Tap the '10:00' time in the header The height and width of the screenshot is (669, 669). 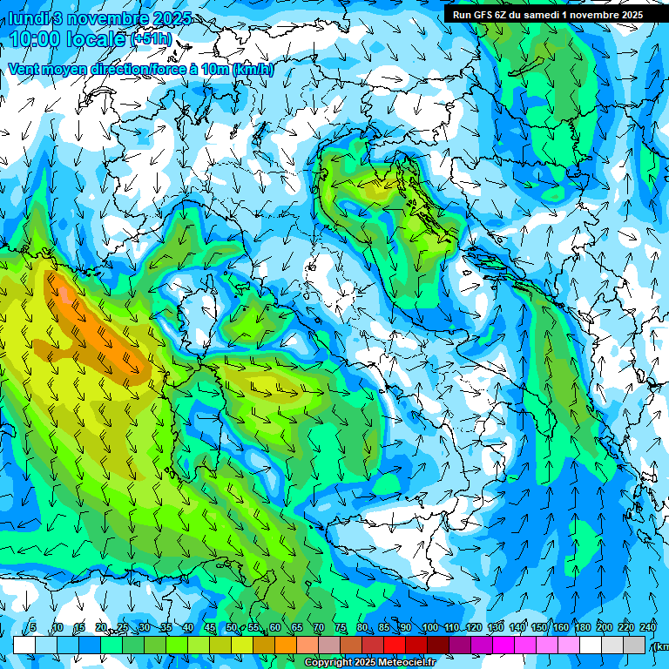pyautogui.click(x=35, y=39)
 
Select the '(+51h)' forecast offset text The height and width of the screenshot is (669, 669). pyautogui.click(x=151, y=39)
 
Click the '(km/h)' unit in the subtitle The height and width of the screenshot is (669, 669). pyautogui.click(x=253, y=69)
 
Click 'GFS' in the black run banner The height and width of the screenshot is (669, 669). pyautogui.click(x=483, y=14)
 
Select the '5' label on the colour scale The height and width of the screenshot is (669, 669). pyautogui.click(x=33, y=627)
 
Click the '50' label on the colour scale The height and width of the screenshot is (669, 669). pyautogui.click(x=231, y=627)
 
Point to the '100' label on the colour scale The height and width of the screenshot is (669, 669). pyautogui.click(x=429, y=627)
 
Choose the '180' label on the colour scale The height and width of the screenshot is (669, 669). pyautogui.click(x=583, y=627)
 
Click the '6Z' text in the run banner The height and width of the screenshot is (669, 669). pyautogui.click(x=500, y=14)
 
